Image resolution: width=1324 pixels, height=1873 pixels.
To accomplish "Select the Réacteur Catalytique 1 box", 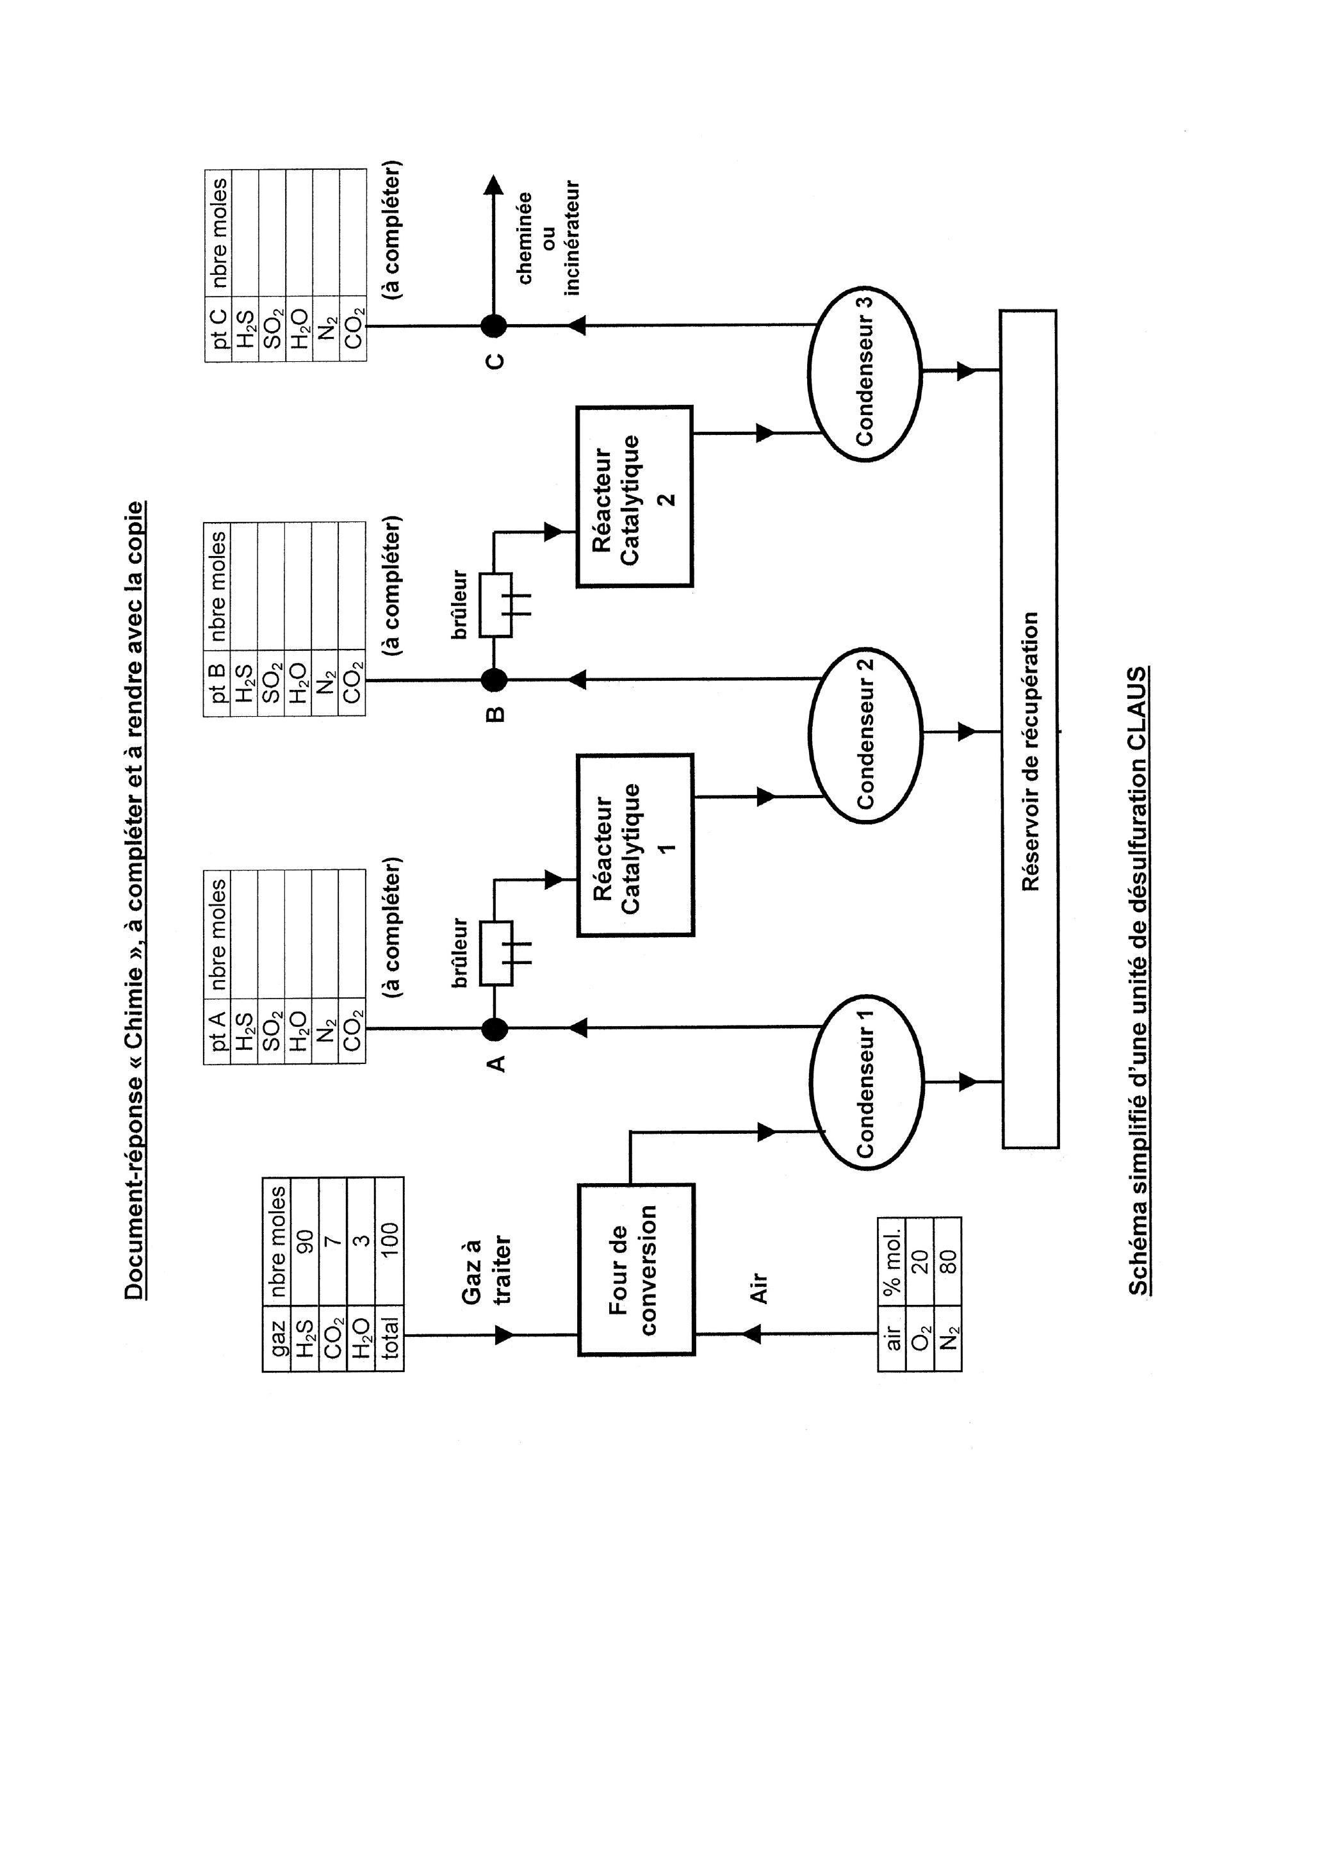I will tap(635, 845).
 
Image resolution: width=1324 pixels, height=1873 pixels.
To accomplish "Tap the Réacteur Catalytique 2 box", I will tap(635, 496).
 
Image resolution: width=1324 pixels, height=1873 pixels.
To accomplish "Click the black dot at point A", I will tap(494, 1029).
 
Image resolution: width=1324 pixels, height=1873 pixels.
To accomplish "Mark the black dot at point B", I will tap(494, 679).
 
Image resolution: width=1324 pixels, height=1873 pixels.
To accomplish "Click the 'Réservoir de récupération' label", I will tap(1029, 751).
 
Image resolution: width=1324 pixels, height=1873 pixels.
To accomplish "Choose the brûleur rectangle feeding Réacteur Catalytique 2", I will tap(495, 605).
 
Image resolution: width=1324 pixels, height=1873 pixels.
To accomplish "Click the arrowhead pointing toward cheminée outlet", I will tap(493, 186).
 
